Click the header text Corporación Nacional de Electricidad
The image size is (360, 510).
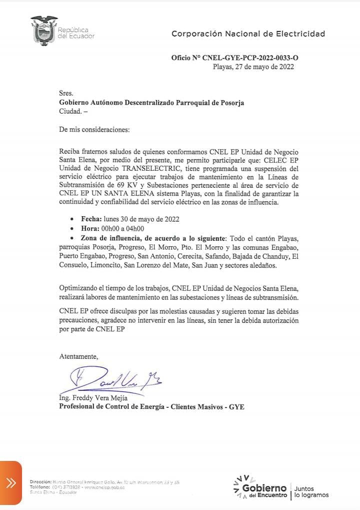[x=248, y=34]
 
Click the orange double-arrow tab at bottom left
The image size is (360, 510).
[x=10, y=483]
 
